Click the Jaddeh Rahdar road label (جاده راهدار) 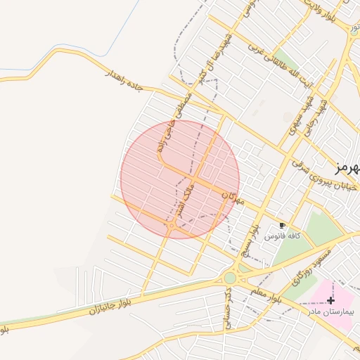coord(124,79)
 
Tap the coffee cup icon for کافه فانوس coord(282,225)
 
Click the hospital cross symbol coord(330,300)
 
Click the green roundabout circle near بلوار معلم coord(231,278)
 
